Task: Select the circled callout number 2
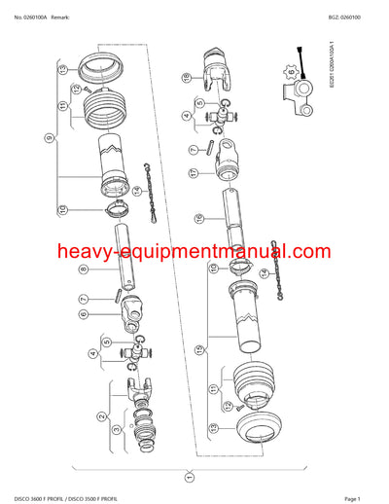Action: [102, 416]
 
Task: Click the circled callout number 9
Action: [48, 139]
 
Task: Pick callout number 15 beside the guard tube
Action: [197, 347]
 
